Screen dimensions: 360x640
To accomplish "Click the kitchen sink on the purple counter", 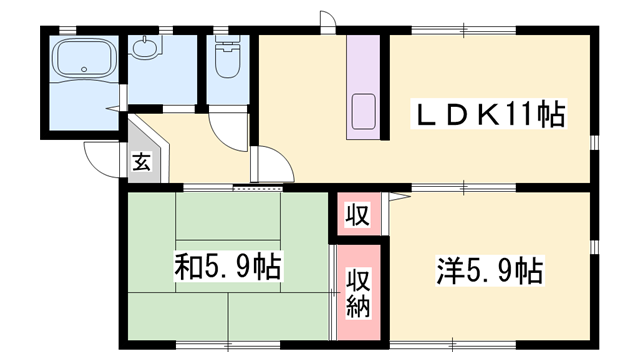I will pyautogui.click(x=362, y=112).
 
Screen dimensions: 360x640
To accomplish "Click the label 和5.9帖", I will pyautogui.click(x=227, y=267).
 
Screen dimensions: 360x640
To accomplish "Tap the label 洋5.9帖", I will pyautogui.click(x=489, y=270).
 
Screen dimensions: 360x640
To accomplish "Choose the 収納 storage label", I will pyautogui.click(x=357, y=292).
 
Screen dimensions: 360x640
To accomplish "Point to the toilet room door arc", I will pyautogui.click(x=228, y=128).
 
